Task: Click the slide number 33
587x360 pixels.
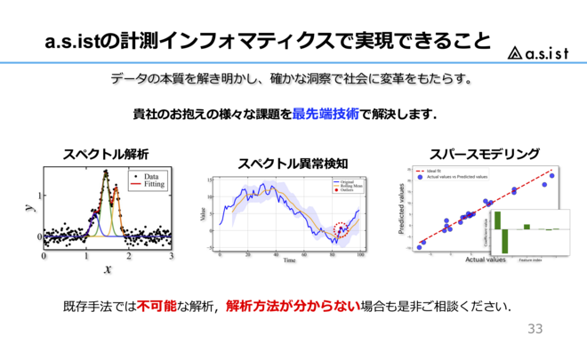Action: [x=535, y=329]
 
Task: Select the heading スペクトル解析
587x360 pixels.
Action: [x=105, y=153]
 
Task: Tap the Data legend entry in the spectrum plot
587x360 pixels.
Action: [x=149, y=177]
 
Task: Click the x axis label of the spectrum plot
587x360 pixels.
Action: [x=108, y=268]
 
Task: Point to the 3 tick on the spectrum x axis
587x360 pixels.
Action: [x=171, y=254]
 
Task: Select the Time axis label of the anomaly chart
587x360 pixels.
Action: [x=290, y=261]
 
